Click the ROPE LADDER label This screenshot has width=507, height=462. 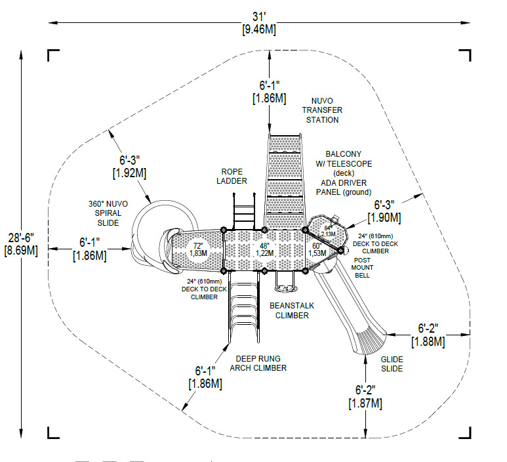[233, 175]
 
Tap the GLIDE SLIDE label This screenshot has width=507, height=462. [392, 364]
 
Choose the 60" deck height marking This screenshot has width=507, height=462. [318, 249]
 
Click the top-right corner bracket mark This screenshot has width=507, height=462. [464, 54]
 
